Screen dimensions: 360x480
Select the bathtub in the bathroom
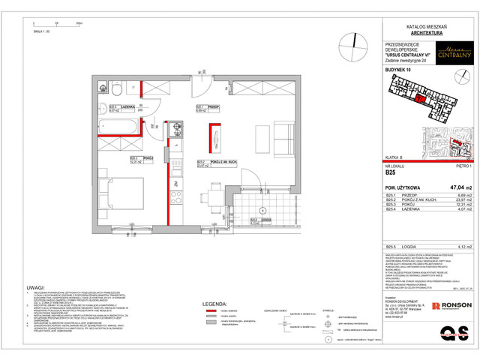(120, 125)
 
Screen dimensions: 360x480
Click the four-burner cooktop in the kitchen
(176, 198)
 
